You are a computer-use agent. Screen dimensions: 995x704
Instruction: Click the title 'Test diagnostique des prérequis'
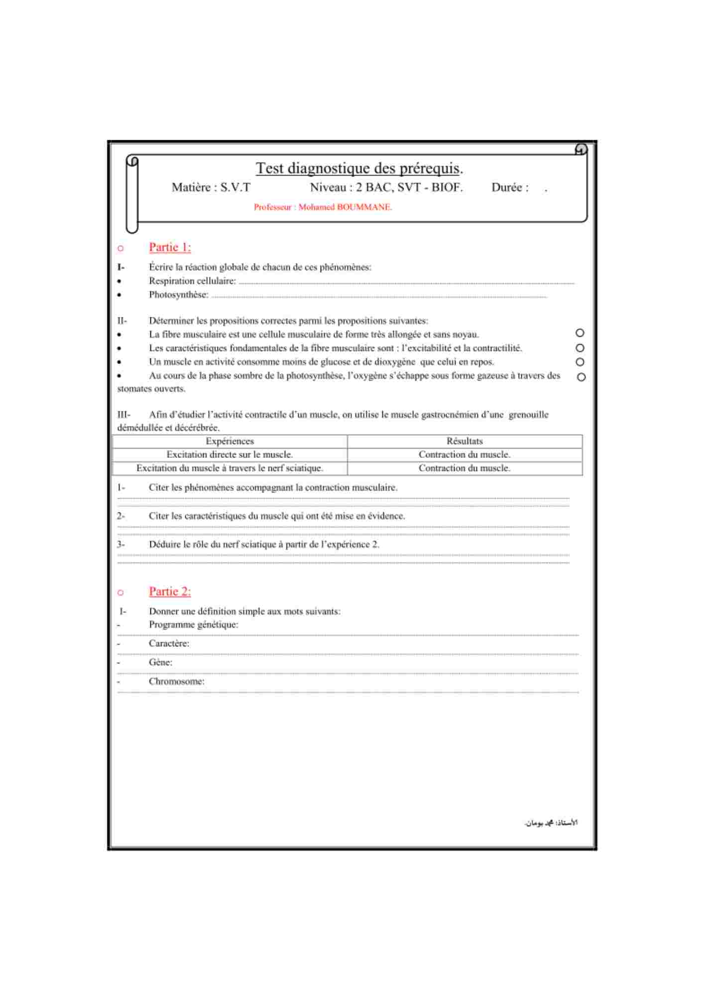[x=359, y=169]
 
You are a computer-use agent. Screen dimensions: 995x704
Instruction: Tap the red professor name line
[x=323, y=207]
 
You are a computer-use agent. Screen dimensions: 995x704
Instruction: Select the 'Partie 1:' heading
[x=170, y=247]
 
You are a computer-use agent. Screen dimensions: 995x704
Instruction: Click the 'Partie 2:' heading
[x=170, y=592]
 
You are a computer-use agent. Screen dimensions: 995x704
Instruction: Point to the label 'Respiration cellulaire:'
[x=192, y=281]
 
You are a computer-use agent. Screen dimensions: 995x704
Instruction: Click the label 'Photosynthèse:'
[x=178, y=295]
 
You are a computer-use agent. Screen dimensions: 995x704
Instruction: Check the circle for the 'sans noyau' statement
[x=580, y=333]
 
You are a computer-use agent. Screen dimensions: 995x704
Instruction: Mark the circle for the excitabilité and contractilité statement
[x=580, y=348]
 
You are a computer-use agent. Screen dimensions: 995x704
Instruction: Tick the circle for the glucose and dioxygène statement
[x=580, y=362]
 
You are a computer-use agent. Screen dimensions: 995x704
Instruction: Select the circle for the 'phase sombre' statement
[x=581, y=377]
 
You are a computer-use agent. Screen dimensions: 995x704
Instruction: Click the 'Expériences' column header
[x=230, y=441]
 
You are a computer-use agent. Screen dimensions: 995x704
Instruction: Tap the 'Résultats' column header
[x=465, y=441]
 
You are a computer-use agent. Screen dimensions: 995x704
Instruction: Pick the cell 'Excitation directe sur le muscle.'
[x=230, y=455]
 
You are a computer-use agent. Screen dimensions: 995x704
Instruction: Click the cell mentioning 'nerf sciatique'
[x=230, y=468]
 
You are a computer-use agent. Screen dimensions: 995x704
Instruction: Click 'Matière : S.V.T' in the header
[x=211, y=188]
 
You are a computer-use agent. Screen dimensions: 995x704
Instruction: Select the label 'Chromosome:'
[x=176, y=682]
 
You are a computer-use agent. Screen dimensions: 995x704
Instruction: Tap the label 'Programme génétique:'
[x=193, y=625]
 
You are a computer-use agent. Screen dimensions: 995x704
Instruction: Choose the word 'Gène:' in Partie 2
[x=160, y=663]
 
